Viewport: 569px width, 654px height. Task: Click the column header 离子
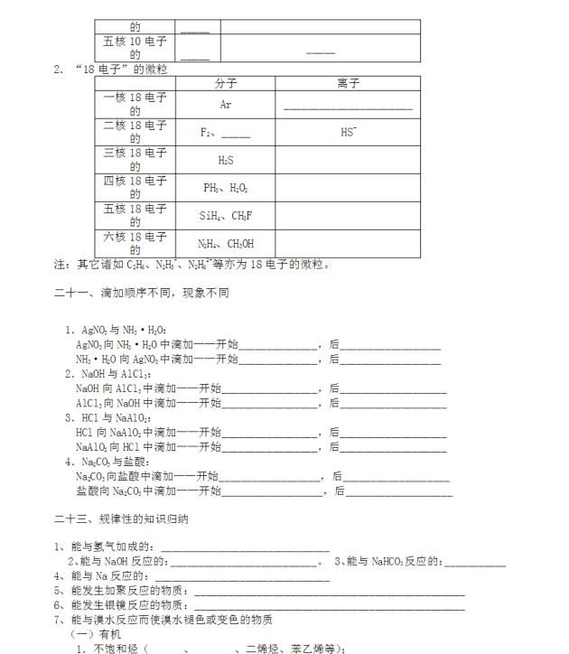click(348, 83)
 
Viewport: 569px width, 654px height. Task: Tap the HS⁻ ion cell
click(348, 132)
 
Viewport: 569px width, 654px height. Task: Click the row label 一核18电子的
click(135, 105)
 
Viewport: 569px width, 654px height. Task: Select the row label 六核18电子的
click(135, 244)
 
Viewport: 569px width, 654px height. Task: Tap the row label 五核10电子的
click(135, 48)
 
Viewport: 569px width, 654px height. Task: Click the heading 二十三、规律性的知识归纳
click(121, 519)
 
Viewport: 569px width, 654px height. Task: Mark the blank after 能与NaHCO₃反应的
click(475, 562)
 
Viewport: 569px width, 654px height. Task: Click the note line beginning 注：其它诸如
click(192, 265)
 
